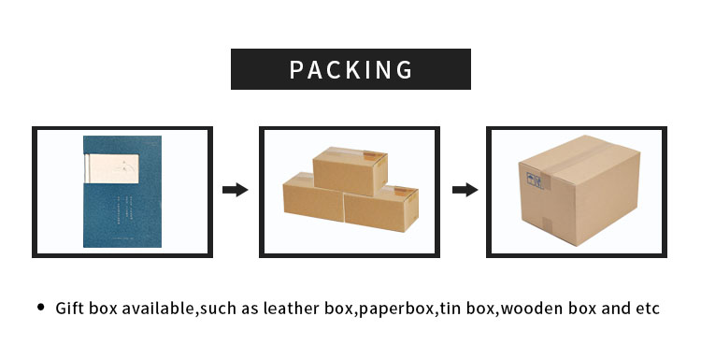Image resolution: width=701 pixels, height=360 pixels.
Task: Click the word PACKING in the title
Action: [x=350, y=69]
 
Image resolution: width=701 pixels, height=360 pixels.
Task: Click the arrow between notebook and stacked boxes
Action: [x=235, y=190]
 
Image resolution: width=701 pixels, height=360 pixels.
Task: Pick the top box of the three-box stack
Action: [x=350, y=172]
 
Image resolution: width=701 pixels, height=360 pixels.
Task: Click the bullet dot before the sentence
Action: [x=40, y=307]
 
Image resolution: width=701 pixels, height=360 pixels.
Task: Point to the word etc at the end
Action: [x=649, y=308]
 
